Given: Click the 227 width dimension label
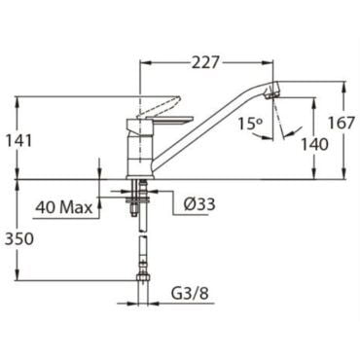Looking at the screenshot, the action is pyautogui.click(x=204, y=62).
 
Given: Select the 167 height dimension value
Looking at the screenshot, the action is pyautogui.click(x=341, y=123).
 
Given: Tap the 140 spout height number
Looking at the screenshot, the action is pyautogui.click(x=314, y=144).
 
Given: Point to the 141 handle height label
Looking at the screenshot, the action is pyautogui.click(x=19, y=141).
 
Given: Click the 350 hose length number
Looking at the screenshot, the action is pyautogui.click(x=19, y=239).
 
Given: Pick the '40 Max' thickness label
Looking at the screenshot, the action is pyautogui.click(x=64, y=207).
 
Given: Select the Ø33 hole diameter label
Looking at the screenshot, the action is pyautogui.click(x=198, y=204).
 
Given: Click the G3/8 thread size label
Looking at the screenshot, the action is pyautogui.click(x=190, y=294).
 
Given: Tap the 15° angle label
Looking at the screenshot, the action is pyautogui.click(x=249, y=124).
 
